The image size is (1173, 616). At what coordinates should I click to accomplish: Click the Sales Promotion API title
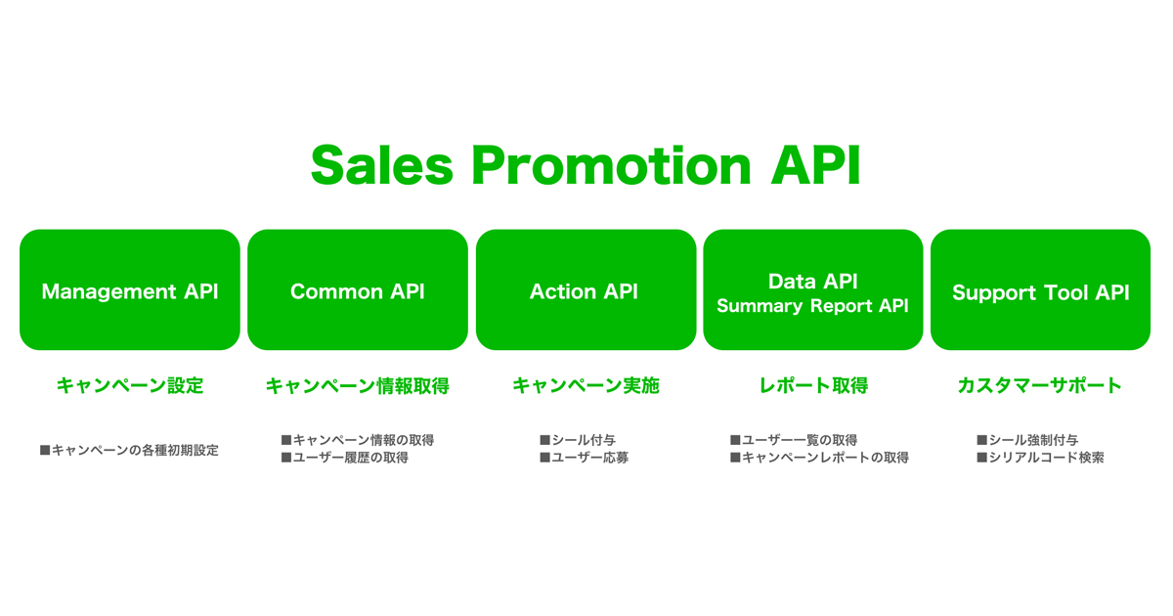tap(586, 165)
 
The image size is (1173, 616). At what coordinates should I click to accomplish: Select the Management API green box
tap(130, 290)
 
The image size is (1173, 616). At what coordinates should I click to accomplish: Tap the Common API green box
tap(358, 290)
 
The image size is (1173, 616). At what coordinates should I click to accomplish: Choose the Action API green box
tap(585, 290)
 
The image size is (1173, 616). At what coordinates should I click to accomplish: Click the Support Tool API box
tap(1040, 290)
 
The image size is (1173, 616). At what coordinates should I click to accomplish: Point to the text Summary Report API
tap(812, 306)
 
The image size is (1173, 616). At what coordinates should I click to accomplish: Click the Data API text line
tap(812, 281)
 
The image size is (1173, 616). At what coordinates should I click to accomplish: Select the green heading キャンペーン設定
tap(130, 385)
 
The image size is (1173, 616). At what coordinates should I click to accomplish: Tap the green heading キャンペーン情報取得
tap(358, 385)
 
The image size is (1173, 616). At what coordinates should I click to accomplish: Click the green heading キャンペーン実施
tap(586, 385)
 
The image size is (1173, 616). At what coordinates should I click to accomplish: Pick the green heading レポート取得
tap(812, 385)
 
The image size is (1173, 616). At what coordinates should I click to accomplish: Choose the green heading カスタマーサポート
tap(1039, 385)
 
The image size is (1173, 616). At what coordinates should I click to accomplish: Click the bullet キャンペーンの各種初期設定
tap(130, 450)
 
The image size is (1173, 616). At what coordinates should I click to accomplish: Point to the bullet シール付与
tap(578, 440)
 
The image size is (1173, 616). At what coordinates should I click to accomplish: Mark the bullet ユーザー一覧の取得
tap(794, 440)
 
